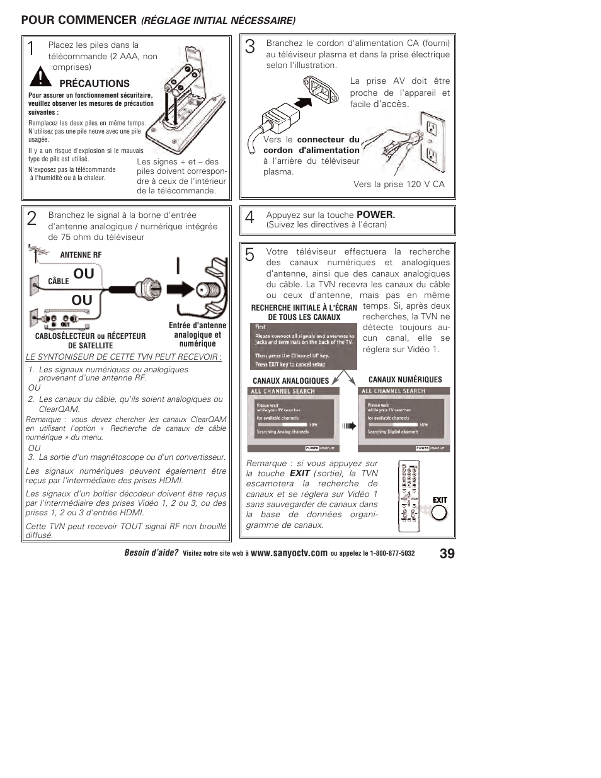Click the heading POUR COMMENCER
tap(79, 20)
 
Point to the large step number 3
tap(250, 47)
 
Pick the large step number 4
tap(250, 218)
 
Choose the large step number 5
tap(250, 255)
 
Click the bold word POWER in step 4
tap(375, 215)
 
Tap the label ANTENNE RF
tap(81, 255)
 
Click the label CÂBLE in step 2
tap(58, 282)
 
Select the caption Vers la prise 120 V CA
tap(399, 184)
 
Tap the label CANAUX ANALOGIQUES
tap(290, 381)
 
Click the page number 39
tap(447, 554)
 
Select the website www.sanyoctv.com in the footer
tap(289, 554)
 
